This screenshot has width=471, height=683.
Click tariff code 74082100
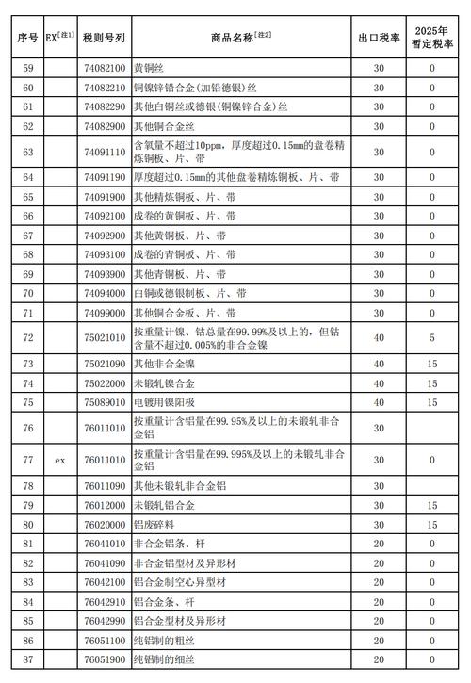(103, 69)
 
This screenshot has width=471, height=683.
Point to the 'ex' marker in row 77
(58, 461)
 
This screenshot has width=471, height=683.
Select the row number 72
(27, 337)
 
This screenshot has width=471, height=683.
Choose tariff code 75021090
(103, 363)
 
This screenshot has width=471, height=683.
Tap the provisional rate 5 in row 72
(432, 337)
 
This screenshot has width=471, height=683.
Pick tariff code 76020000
(103, 524)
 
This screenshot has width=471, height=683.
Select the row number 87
(27, 659)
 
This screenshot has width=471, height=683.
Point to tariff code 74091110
(103, 151)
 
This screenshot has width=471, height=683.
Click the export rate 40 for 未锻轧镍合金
(378, 382)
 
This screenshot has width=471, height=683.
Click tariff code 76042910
(103, 601)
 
